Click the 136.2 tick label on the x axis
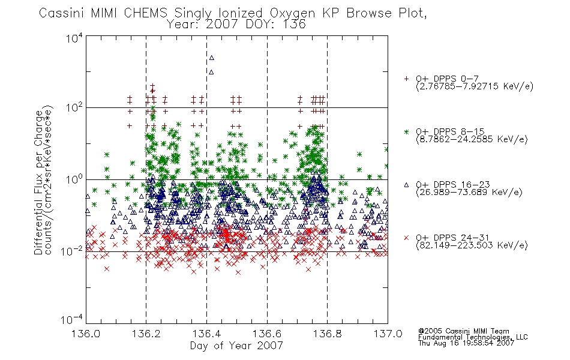(x=146, y=334)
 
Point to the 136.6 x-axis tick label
(x=267, y=334)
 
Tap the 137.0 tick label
(x=388, y=334)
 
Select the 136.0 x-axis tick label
(x=86, y=334)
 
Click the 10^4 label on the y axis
(x=74, y=38)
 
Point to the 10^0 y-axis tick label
(x=74, y=179)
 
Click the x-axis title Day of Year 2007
(x=236, y=346)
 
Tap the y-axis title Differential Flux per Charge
(x=38, y=182)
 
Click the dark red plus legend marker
(x=406, y=79)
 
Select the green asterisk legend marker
(x=406, y=131)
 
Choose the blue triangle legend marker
(x=406, y=185)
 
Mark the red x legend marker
(x=406, y=238)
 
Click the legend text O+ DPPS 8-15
(x=451, y=131)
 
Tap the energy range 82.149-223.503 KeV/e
(x=472, y=245)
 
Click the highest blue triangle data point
(x=212, y=58)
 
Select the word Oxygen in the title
(x=293, y=13)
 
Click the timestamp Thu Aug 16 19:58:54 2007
(x=466, y=343)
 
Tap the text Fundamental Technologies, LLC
(x=473, y=337)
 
